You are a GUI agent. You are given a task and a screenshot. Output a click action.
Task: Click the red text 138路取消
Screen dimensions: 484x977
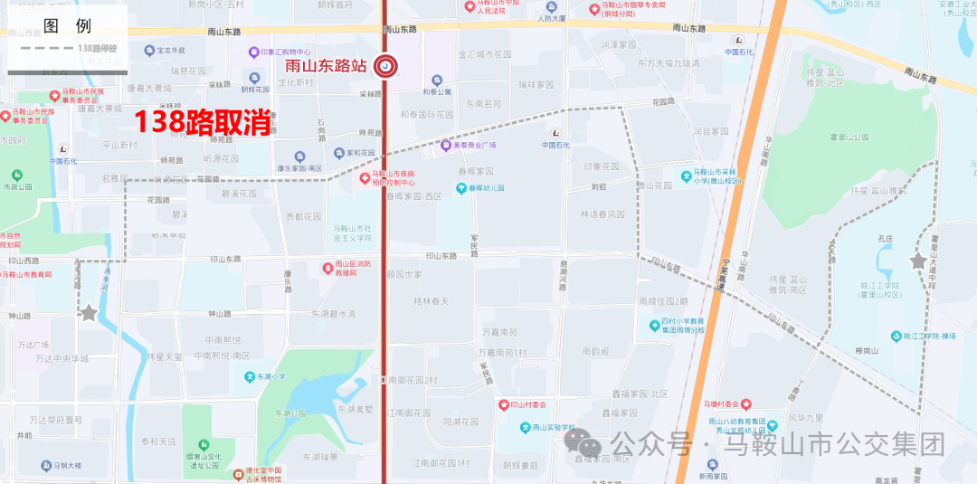pyautogui.click(x=204, y=122)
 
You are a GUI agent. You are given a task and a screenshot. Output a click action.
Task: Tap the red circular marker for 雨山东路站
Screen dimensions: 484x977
pyautogui.click(x=385, y=65)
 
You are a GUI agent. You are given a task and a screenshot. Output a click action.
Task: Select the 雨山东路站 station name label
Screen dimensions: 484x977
pyautogui.click(x=326, y=66)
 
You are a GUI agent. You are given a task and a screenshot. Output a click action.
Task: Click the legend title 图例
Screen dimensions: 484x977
pyautogui.click(x=67, y=26)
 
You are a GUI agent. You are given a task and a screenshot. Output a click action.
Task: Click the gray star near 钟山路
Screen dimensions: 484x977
pyautogui.click(x=89, y=313)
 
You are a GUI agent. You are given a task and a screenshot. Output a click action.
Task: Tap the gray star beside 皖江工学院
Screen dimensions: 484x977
pyautogui.click(x=918, y=261)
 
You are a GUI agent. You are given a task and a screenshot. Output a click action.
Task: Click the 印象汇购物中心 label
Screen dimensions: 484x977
pyautogui.click(x=286, y=52)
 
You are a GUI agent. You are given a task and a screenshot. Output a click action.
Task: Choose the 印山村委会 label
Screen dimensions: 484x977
pyautogui.click(x=535, y=404)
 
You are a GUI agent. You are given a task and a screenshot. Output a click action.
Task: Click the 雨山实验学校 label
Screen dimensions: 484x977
pyautogui.click(x=553, y=428)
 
